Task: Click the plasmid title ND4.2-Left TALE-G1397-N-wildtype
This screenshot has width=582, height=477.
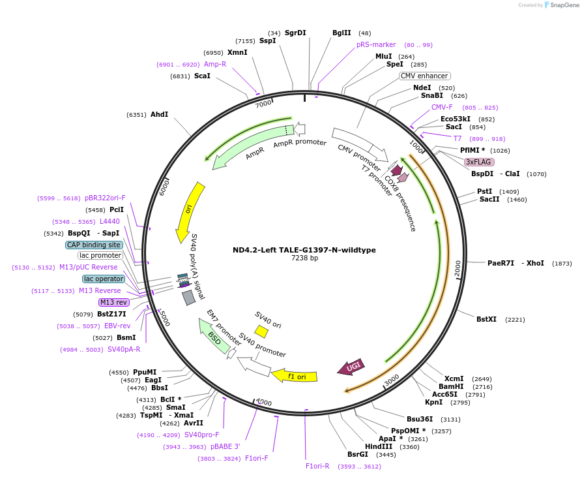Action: tap(304, 250)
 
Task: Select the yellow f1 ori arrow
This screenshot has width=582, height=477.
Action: tap(295, 376)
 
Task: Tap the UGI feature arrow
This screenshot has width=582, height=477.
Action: tap(351, 367)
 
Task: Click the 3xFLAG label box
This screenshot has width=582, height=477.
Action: tap(479, 162)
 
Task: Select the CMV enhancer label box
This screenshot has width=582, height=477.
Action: tap(424, 76)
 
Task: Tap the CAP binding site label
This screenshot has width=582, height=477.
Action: tap(94, 245)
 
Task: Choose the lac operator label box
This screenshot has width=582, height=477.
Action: tap(103, 279)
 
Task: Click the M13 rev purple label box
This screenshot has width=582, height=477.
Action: tap(113, 302)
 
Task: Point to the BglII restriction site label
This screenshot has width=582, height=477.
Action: tap(342, 33)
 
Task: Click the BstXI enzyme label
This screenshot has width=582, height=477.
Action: tap(486, 319)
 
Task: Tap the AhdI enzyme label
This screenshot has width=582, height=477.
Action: tap(159, 114)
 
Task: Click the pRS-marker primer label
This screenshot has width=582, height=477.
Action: tap(376, 44)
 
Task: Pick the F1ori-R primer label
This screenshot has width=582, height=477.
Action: tap(317, 466)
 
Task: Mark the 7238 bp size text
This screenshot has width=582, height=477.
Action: tap(304, 258)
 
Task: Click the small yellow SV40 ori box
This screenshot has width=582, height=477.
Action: tap(261, 331)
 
